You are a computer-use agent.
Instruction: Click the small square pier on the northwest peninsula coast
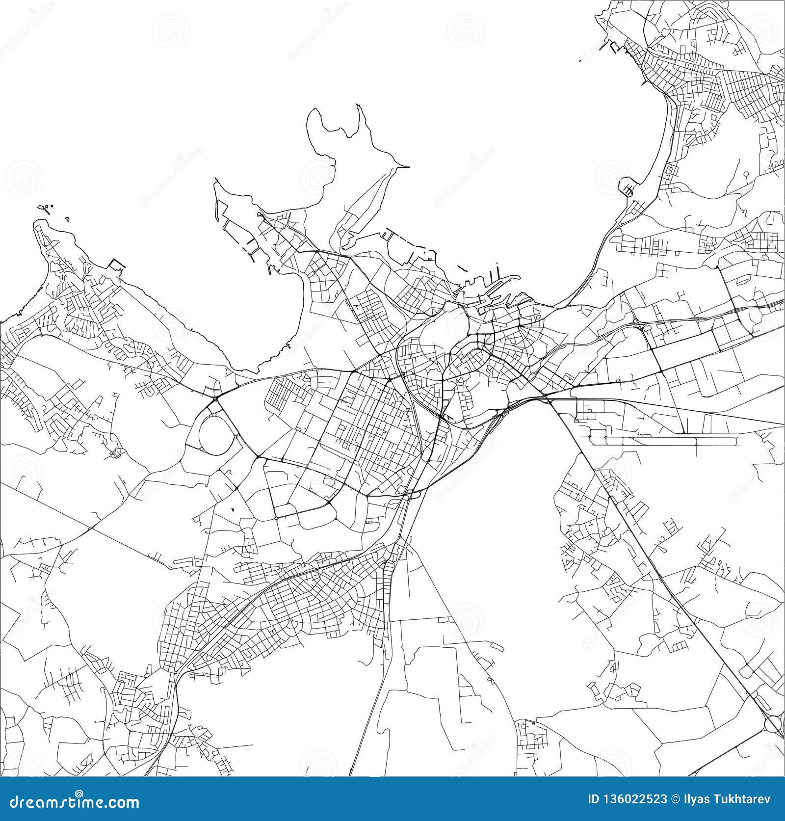click(x=116, y=265)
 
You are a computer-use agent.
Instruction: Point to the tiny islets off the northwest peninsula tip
click(x=47, y=209)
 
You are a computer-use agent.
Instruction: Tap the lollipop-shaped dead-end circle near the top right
click(x=746, y=174)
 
